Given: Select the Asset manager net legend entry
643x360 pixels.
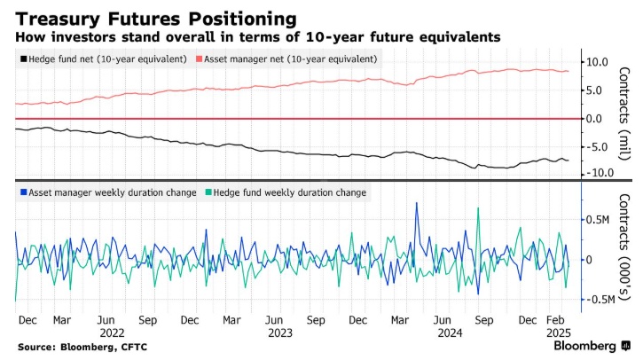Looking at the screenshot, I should [291, 59].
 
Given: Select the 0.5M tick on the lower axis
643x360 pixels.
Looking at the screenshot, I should [599, 220].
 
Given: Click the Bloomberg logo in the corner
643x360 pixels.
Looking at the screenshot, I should [586, 345].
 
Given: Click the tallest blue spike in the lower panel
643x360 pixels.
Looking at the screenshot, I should [417, 204].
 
